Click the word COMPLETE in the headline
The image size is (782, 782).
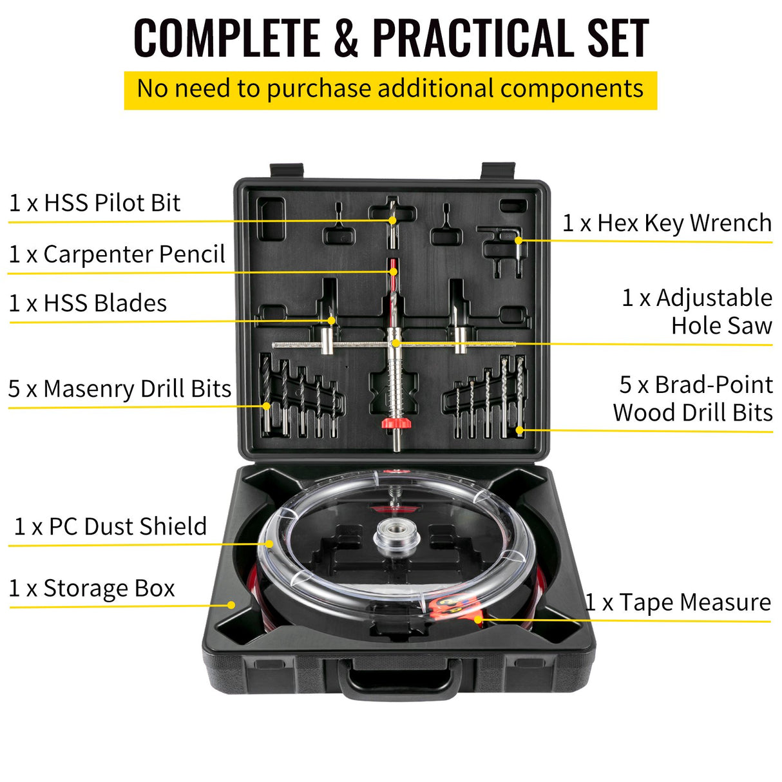click(227, 39)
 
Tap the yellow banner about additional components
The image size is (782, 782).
click(390, 90)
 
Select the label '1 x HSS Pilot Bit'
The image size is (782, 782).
click(95, 203)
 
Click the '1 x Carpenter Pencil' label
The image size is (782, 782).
click(117, 254)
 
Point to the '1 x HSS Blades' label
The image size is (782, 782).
click(88, 303)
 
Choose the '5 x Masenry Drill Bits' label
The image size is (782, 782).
click(120, 389)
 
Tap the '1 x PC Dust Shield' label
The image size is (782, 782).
click(110, 527)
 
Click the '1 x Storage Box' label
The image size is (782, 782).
click(91, 589)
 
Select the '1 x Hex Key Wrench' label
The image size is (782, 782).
click(667, 224)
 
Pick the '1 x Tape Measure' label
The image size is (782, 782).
click(678, 603)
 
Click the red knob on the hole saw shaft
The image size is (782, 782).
click(396, 423)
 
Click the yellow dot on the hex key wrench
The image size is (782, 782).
click(519, 241)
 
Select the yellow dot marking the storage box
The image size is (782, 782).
click(231, 605)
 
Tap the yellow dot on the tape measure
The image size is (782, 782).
click(478, 620)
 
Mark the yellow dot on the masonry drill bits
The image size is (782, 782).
click(267, 406)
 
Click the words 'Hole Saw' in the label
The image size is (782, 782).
click(721, 326)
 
